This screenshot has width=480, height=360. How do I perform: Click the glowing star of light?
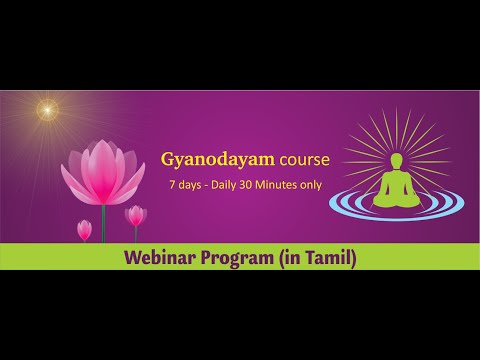point(45,110)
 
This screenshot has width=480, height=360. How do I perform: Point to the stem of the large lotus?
point(103,222)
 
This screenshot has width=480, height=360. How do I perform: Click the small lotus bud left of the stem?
point(84,230)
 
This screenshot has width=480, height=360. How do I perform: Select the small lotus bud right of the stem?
point(135,215)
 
